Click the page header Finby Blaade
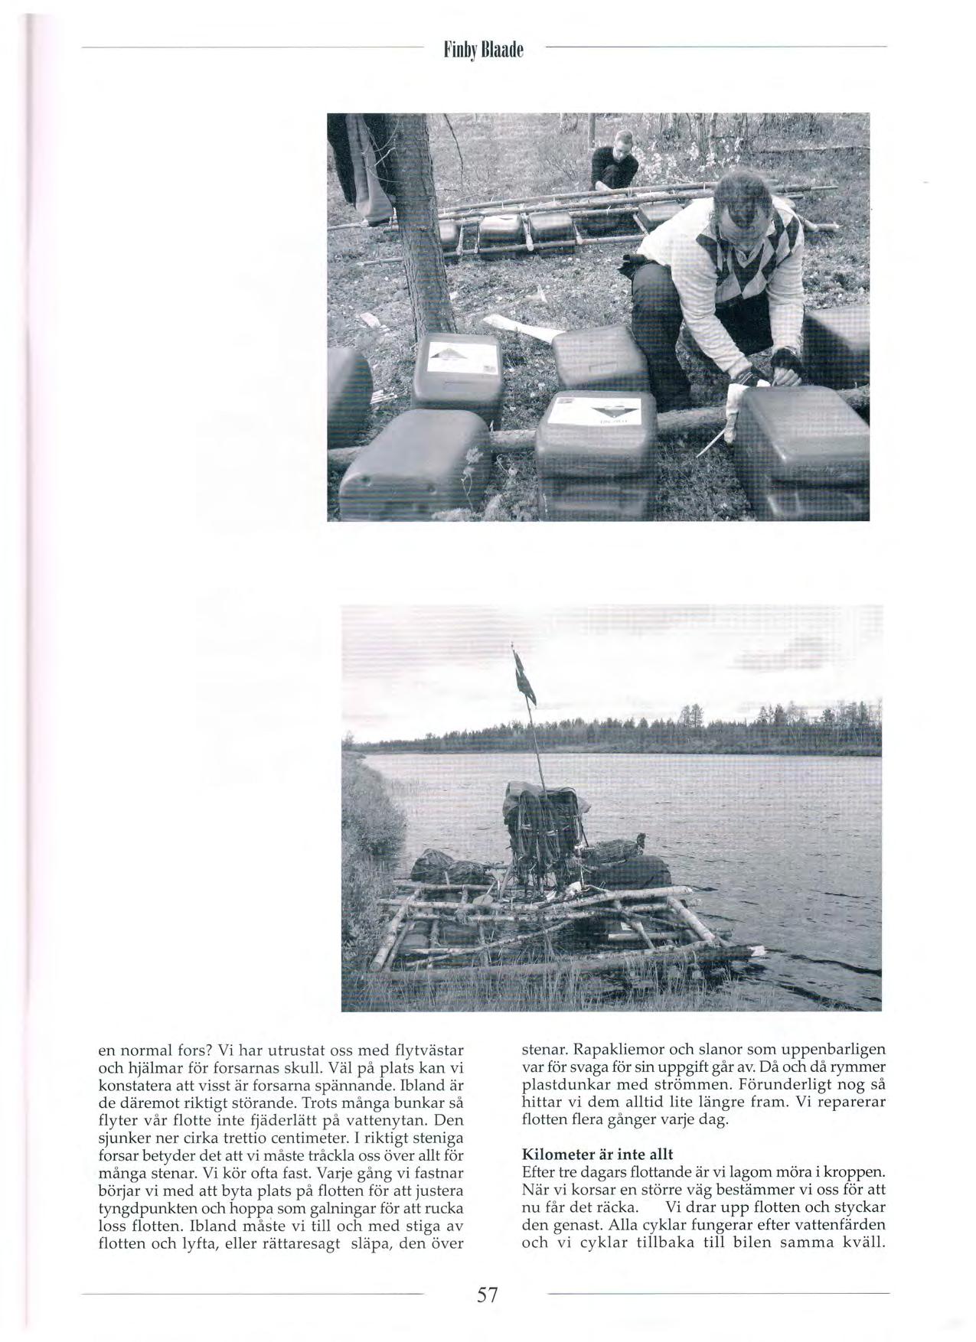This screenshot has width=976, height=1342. point(485,51)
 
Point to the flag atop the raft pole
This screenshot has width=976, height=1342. point(525,679)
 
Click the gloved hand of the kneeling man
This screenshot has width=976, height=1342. point(785,363)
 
